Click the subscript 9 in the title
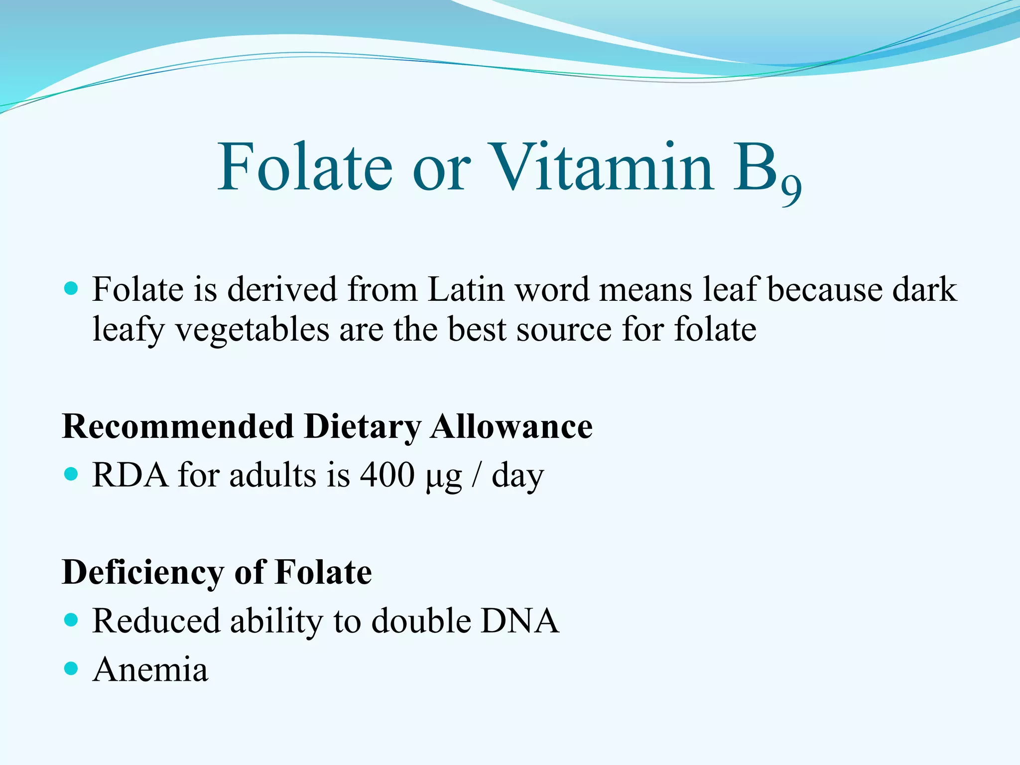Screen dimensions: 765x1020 click(x=791, y=191)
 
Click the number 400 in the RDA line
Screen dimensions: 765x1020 click(x=387, y=475)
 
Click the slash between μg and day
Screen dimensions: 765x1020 click(x=476, y=475)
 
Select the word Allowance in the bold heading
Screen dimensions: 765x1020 click(x=511, y=427)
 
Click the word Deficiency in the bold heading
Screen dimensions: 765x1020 click(x=143, y=573)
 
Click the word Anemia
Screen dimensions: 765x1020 click(x=150, y=669)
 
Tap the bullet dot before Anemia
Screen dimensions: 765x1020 click(x=72, y=668)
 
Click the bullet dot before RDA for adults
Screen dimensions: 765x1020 click(x=72, y=474)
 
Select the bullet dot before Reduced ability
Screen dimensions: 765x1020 click(x=72, y=620)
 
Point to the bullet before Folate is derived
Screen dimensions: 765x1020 click(x=72, y=288)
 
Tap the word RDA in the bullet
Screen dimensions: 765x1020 click(x=130, y=475)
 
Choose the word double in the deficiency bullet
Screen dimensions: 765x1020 click(x=421, y=621)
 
